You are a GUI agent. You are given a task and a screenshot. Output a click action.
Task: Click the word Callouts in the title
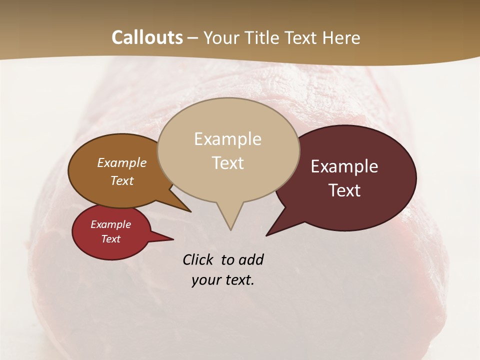(147, 37)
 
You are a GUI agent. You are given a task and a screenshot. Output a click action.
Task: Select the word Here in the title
(340, 38)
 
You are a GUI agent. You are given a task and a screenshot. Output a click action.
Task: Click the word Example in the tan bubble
(227, 139)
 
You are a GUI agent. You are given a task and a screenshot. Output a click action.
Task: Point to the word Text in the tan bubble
(227, 163)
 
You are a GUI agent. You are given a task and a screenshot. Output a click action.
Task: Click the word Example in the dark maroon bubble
(344, 166)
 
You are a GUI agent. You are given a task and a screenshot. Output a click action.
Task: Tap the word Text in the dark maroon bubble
(344, 190)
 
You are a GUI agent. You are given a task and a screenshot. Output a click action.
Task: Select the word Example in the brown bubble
(121, 163)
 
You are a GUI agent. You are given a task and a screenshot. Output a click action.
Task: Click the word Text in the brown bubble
(121, 180)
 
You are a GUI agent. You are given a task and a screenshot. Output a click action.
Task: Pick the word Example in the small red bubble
(110, 224)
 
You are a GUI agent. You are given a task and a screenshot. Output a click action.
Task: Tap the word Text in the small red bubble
(110, 239)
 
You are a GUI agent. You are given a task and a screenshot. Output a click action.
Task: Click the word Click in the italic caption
(198, 259)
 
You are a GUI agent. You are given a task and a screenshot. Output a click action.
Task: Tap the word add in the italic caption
(250, 259)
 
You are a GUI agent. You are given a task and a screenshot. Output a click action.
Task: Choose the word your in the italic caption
(205, 280)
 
